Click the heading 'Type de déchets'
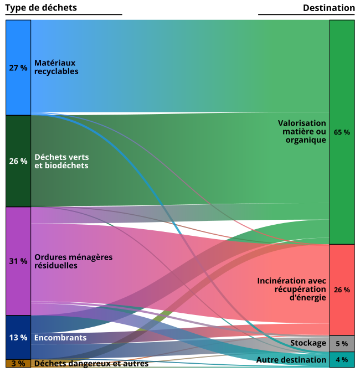coord(41,8)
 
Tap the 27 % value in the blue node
coord(18,68)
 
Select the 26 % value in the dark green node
coord(18,161)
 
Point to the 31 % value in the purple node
coord(18,261)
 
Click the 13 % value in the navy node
coord(18,338)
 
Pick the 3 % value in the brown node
coord(18,364)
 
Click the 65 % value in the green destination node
coord(342,132)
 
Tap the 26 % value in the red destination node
coord(342,290)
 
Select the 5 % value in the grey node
coord(342,343)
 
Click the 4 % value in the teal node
coord(342,360)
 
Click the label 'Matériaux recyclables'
coord(56,67)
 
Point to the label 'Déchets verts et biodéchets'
coord(61,161)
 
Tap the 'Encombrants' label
coord(60,338)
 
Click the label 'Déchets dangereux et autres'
coord(91,364)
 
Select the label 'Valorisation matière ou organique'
coord(302,131)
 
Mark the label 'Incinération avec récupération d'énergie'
coord(292,289)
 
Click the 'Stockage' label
coord(308,343)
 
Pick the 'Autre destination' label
coord(291,360)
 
